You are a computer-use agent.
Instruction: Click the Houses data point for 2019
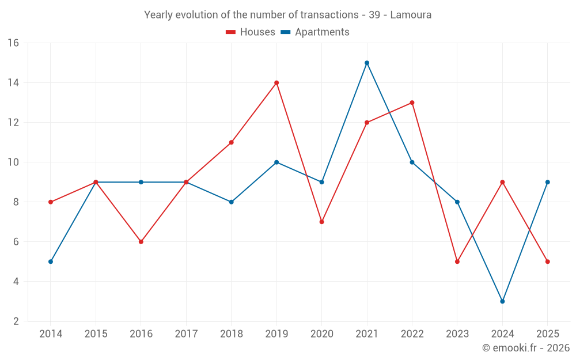coord(276,82)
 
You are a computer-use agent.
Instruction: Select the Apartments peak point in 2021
coord(367,63)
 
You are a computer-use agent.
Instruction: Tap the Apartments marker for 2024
coord(502,301)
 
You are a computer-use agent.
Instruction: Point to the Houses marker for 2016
coord(141,242)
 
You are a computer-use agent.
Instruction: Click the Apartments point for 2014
coord(51,262)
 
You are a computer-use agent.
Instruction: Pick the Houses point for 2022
coord(412,103)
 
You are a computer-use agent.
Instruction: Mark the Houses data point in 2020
coord(322,222)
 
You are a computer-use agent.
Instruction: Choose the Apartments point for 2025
coord(548,182)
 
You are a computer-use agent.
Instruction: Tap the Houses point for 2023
coord(457,262)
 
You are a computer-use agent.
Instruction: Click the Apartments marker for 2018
coord(232,202)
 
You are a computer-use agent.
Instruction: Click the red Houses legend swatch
coord(231,32)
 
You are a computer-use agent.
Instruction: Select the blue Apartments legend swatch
coord(286,32)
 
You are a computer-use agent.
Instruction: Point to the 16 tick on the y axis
coord(13,43)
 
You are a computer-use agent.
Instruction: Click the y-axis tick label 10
coord(13,162)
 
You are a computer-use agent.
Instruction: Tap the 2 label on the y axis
coord(16,321)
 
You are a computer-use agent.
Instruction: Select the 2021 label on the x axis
coord(367,334)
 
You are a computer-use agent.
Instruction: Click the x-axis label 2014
coord(51,334)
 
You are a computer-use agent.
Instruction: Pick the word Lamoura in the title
coord(411,15)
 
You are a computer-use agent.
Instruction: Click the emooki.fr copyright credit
coord(526,347)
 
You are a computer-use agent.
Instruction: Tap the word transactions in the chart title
coord(329,15)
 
